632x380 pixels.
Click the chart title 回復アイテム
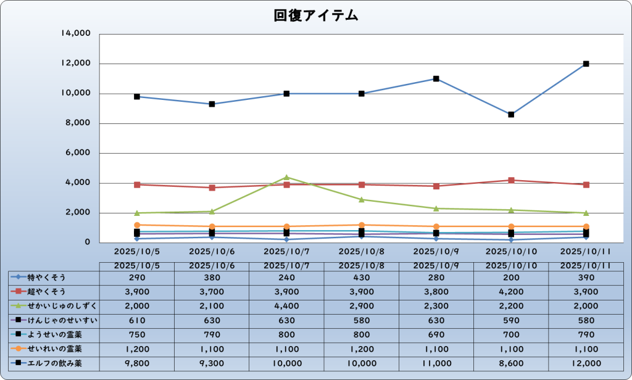[x=316, y=15]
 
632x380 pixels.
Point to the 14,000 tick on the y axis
[x=77, y=34]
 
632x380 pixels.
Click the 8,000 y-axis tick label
[x=78, y=123]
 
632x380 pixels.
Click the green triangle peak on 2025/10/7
[x=287, y=177]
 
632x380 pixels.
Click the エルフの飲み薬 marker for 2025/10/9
[x=436, y=79]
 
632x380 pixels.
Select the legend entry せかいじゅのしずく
[x=54, y=306]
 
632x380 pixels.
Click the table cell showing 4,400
[x=287, y=306]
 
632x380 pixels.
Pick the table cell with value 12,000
[x=586, y=363]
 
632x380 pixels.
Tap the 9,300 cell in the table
[x=212, y=363]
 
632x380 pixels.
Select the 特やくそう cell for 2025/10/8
[x=362, y=277]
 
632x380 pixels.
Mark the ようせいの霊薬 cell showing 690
[x=436, y=335]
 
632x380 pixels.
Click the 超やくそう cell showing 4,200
[x=511, y=291]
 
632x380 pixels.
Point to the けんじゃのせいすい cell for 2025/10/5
[x=137, y=320]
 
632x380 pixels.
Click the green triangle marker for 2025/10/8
[x=362, y=199]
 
